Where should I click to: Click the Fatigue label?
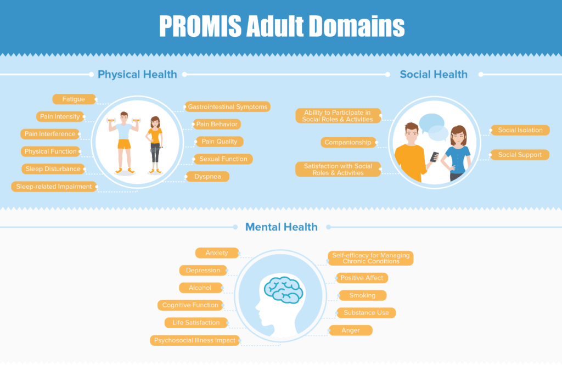click(74, 99)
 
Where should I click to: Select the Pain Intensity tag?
click(60, 116)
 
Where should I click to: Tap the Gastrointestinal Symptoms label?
click(227, 107)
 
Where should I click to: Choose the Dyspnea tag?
click(207, 176)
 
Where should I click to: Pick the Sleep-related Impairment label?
click(54, 187)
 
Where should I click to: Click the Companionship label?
click(348, 142)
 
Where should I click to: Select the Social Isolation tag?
click(520, 130)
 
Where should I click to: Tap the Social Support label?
click(520, 155)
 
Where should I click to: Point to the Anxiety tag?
click(217, 253)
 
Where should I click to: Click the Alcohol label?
click(200, 288)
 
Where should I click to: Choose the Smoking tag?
click(362, 295)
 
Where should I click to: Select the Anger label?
click(351, 330)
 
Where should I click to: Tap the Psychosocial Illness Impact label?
click(195, 340)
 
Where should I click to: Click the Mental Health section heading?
click(282, 227)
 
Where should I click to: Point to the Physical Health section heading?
click(137, 74)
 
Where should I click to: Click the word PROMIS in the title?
click(200, 26)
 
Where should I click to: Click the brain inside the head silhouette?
click(284, 290)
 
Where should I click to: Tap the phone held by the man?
click(435, 156)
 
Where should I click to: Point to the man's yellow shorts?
click(124, 144)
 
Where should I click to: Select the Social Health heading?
click(434, 74)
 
